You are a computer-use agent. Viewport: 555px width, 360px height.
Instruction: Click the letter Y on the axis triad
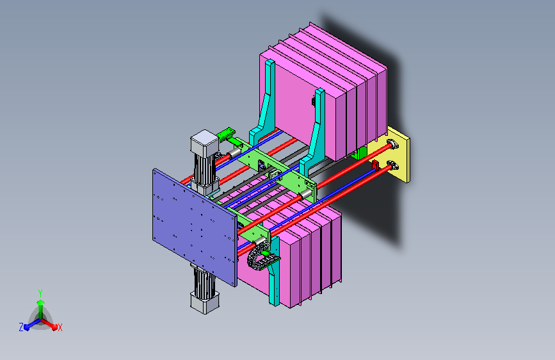coord(40,293)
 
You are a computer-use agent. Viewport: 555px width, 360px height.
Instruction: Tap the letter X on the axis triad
coord(60,327)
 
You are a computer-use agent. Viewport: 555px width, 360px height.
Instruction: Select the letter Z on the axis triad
coord(21,327)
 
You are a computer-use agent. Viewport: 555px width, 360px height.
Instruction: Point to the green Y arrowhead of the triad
coord(41,302)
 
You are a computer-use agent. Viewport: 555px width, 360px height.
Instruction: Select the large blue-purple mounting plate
coord(195,227)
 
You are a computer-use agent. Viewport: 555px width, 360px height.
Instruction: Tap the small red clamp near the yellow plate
coord(375,165)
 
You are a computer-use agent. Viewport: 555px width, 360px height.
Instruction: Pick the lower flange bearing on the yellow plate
coord(392,165)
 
